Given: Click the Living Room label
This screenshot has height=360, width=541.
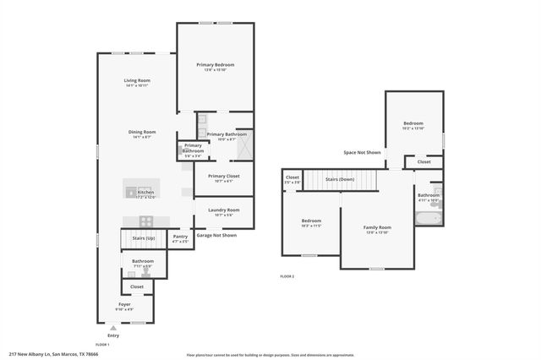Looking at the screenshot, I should pyautogui.click(x=137, y=80).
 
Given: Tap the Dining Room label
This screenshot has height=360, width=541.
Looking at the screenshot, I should pyautogui.click(x=142, y=131).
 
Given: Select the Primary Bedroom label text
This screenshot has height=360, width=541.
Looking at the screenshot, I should pyautogui.click(x=216, y=64).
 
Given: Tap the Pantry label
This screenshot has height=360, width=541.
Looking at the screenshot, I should pyautogui.click(x=180, y=237).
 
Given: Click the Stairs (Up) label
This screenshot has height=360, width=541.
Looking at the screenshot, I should pyautogui.click(x=144, y=238).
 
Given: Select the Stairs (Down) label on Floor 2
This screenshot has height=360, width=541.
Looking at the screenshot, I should pyautogui.click(x=340, y=179).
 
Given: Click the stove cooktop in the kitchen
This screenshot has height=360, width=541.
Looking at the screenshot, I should pyautogui.click(x=145, y=221).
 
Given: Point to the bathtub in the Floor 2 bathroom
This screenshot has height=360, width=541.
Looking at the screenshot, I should pyautogui.click(x=427, y=218).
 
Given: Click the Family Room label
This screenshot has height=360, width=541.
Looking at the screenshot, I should pyautogui.click(x=377, y=227).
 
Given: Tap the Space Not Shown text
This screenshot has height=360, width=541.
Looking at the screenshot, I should pyautogui.click(x=362, y=152).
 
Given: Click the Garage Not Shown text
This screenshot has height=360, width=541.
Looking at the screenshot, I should pyautogui.click(x=216, y=235).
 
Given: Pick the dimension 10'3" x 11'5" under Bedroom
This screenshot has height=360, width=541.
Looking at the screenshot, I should pyautogui.click(x=311, y=226).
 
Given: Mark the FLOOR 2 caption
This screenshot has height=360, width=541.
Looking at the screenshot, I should pyautogui.click(x=288, y=276).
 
